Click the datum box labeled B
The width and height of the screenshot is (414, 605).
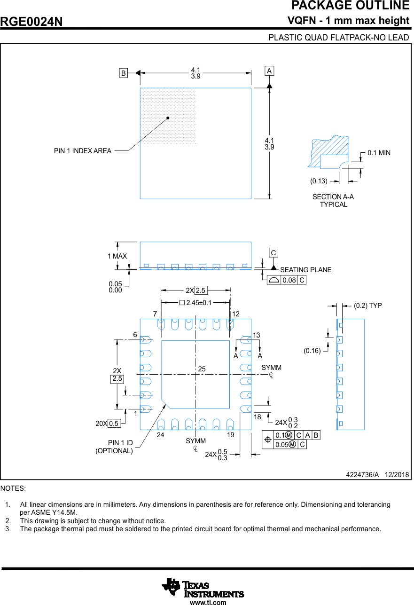[x=123, y=73]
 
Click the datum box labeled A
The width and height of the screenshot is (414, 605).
[x=269, y=71]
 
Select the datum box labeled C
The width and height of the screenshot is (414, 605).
[x=273, y=253]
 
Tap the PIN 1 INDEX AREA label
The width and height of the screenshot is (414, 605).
[x=83, y=151]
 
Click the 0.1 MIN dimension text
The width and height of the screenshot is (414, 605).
[x=379, y=153]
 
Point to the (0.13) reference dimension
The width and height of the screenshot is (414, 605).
[x=319, y=181]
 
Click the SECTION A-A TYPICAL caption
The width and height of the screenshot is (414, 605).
[x=333, y=201]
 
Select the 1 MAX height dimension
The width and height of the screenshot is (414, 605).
[x=117, y=256]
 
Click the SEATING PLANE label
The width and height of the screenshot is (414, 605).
[x=305, y=270]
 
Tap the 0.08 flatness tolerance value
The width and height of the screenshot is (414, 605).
[x=289, y=280]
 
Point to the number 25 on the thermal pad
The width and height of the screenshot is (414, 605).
[x=202, y=369]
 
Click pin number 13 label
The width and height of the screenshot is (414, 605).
[x=256, y=335]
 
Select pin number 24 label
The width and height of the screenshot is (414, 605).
[x=160, y=435]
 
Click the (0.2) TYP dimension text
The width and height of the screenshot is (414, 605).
[x=367, y=306]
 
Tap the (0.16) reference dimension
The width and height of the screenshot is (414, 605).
[x=312, y=351]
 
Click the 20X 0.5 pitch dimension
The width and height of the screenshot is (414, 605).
[x=108, y=424]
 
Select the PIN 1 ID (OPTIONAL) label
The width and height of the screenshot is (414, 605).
[x=114, y=447]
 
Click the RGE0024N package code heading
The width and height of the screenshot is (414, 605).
[x=31, y=22]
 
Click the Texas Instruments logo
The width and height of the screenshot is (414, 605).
[x=203, y=588]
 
